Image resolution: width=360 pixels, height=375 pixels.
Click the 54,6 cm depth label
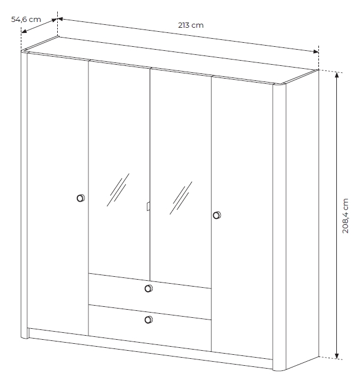pyautogui.click(x=26, y=20)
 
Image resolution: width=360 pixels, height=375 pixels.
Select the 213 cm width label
pyautogui.click(x=191, y=25)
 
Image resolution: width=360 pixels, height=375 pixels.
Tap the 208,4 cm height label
pyautogui.click(x=345, y=216)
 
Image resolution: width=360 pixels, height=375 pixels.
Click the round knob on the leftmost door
pyautogui.click(x=81, y=198)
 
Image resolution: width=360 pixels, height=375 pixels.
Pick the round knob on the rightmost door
pyautogui.click(x=217, y=215)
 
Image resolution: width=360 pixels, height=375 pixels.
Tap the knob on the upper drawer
pyautogui.click(x=149, y=288)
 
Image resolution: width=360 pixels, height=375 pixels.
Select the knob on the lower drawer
pyautogui.click(x=149, y=320)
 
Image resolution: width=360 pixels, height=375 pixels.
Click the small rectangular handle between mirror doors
pyautogui.click(x=149, y=206)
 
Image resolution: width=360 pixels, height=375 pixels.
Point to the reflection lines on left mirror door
pyautogui.click(x=118, y=190)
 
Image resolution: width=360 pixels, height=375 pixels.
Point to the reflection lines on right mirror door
pyautogui.click(x=181, y=198)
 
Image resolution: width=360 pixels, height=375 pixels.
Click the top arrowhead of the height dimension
pyautogui.click(x=337, y=75)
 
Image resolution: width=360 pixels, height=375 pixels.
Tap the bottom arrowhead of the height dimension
pyautogui.click(x=337, y=355)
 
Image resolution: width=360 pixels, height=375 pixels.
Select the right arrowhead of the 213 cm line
pyautogui.click(x=316, y=51)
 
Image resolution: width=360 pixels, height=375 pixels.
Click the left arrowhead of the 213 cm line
pyautogui.click(x=60, y=19)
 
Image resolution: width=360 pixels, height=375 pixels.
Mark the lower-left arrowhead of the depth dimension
pyautogui.click(x=24, y=31)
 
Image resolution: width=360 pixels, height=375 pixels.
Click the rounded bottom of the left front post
pyautogui.click(x=24, y=337)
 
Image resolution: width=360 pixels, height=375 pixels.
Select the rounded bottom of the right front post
pyautogui.click(x=279, y=369)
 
